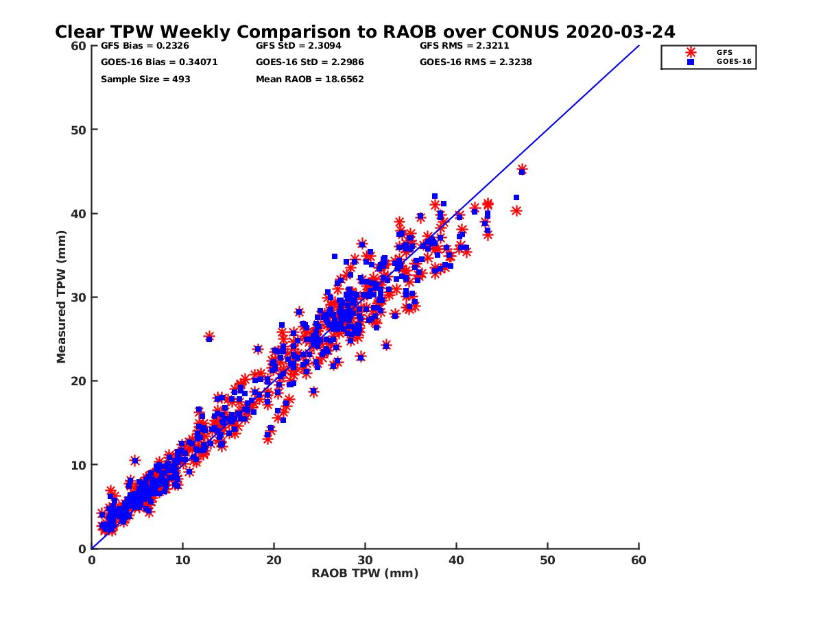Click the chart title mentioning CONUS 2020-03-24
(364, 32)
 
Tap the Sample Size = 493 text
(145, 79)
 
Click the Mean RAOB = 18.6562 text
(309, 79)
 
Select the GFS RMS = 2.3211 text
(464, 46)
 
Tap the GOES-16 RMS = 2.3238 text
(476, 62)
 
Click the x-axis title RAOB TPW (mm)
(365, 573)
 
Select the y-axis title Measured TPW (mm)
(62, 297)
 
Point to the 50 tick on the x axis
(547, 560)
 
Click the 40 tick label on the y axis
(79, 213)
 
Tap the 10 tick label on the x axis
(182, 560)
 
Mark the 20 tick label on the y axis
(79, 380)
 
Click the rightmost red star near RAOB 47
(522, 169)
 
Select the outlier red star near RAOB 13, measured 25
(209, 337)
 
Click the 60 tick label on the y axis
(79, 46)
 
